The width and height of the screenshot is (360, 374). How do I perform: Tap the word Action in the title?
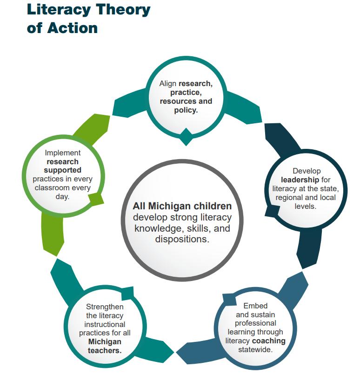pos(72,27)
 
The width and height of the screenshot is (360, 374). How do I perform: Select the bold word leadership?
pos(300,180)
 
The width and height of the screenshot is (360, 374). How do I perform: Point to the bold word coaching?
pos(269,341)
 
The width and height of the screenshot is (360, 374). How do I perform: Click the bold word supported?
pos(62,170)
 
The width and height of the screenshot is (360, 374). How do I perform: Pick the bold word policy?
pos(186,110)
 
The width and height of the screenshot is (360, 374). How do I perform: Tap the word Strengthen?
pos(105,307)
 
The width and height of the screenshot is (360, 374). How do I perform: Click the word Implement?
pos(62,153)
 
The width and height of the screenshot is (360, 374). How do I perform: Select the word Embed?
pos(255,306)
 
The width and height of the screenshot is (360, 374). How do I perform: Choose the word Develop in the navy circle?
pos(307,171)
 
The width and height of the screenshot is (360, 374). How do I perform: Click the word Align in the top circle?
pos(168,84)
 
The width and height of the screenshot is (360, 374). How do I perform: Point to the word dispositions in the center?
pos(182,239)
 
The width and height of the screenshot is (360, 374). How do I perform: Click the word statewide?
pos(255,349)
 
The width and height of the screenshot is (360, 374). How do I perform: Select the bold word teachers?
pos(105,350)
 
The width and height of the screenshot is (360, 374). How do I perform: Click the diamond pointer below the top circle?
pos(186,137)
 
